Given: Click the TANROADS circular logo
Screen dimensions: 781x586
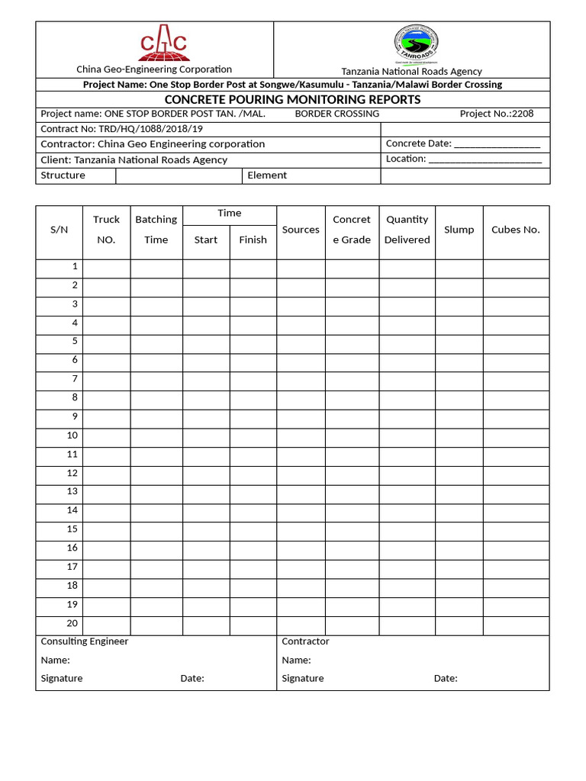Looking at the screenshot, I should click(416, 45).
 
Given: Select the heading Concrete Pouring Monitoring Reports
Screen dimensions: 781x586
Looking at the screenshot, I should click(292, 100).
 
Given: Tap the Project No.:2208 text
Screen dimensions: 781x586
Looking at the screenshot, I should click(496, 114).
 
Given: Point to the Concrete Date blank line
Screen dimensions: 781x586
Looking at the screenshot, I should click(497, 144).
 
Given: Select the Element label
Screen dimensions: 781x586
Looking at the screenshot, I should click(267, 175).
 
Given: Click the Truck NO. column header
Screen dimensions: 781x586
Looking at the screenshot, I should click(106, 230).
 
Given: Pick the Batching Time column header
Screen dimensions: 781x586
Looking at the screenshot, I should click(156, 230).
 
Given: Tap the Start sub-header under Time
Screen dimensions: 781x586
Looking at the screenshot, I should click(206, 239).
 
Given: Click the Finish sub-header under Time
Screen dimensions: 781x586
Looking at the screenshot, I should click(253, 239).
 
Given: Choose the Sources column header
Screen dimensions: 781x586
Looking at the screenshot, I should click(301, 230).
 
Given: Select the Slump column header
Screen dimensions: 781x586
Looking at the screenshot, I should click(459, 230).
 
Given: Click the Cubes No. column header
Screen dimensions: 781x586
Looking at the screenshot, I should click(515, 230).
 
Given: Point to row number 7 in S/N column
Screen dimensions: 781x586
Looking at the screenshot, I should click(75, 379).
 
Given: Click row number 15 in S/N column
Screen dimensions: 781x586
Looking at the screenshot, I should click(72, 529).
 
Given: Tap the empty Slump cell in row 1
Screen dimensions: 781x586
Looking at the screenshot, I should click(459, 268).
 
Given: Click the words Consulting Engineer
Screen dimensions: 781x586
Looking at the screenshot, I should click(84, 641).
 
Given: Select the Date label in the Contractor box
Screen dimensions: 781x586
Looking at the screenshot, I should click(446, 679).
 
